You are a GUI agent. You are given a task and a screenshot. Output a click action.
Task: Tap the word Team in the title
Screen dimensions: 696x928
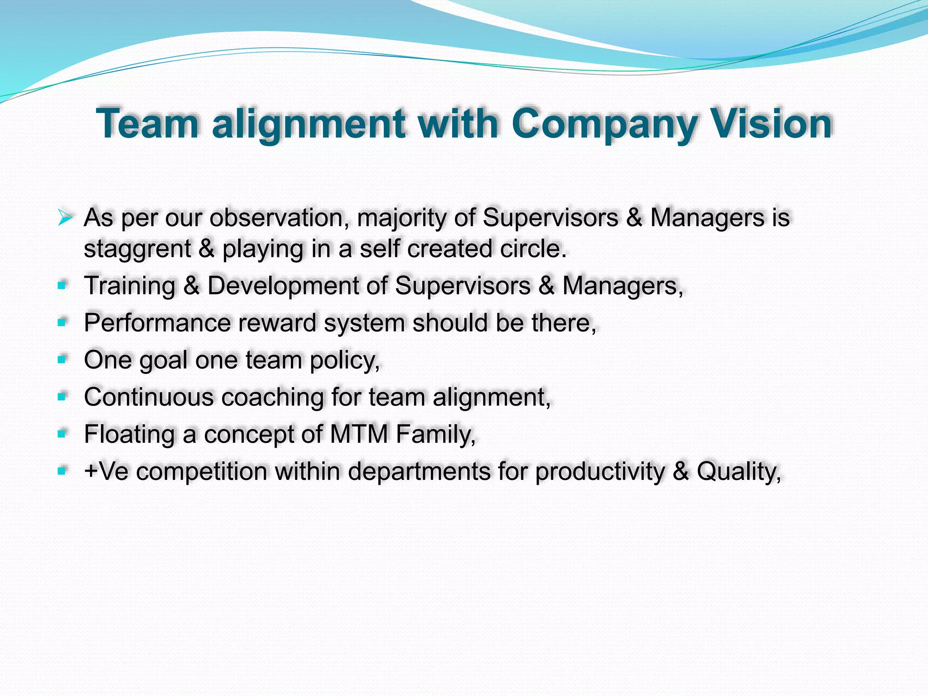(x=148, y=123)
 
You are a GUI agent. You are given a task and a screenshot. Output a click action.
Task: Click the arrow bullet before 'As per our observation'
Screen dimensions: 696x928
(x=65, y=218)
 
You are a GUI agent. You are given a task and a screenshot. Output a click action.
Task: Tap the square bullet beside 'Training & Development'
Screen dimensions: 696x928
(x=63, y=285)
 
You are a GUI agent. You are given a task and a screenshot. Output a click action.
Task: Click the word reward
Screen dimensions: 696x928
(x=277, y=323)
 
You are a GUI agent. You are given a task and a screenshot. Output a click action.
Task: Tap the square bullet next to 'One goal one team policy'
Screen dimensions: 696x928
(x=63, y=360)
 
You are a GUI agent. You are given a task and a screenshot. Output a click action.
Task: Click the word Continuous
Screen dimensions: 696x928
(x=149, y=397)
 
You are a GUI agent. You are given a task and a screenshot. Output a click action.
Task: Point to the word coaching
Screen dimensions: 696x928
(x=272, y=397)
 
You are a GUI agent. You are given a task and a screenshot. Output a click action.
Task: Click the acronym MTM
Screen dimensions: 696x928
(x=359, y=434)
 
